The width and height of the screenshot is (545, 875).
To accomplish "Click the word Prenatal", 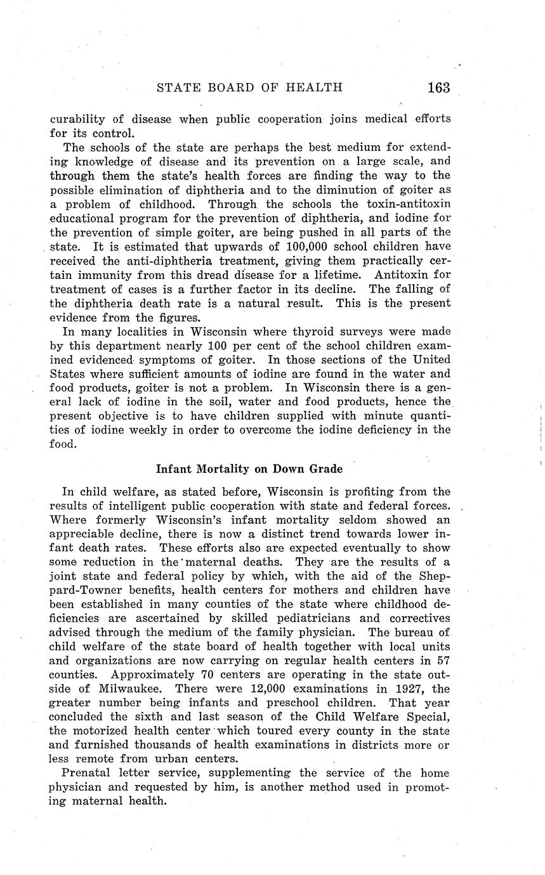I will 87,773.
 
